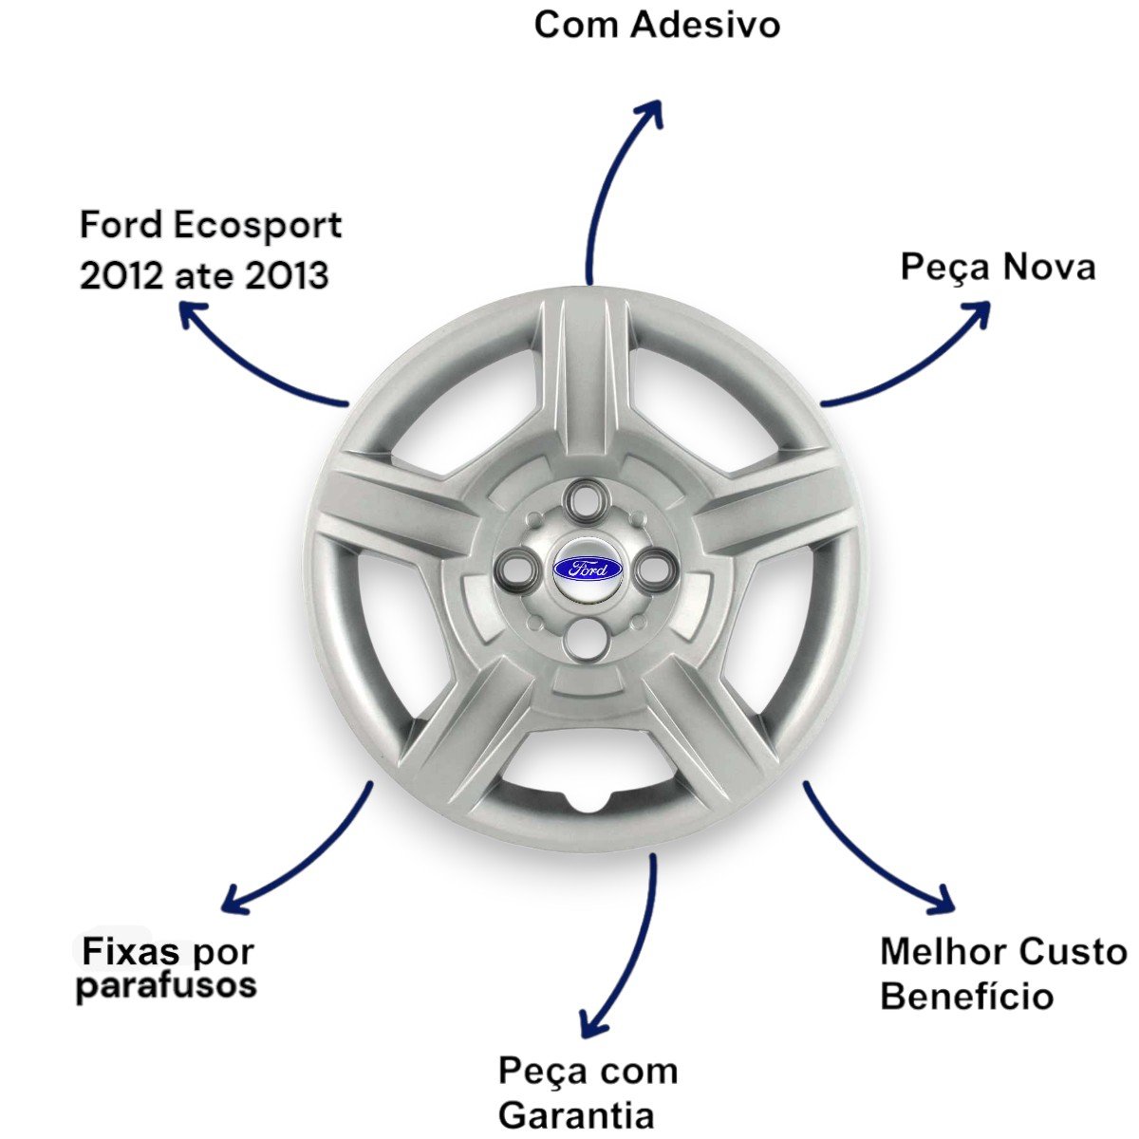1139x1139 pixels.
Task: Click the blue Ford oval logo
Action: (x=588, y=569)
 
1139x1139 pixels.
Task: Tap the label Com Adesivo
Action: (x=657, y=25)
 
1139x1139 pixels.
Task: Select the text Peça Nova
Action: (x=998, y=268)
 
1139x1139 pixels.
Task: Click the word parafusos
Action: (x=166, y=986)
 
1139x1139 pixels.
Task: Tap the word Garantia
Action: (x=576, y=1114)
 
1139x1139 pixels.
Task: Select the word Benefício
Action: (x=966, y=997)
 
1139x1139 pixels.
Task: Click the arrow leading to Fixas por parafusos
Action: (x=294, y=854)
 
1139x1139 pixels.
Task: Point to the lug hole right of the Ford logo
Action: (x=656, y=570)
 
